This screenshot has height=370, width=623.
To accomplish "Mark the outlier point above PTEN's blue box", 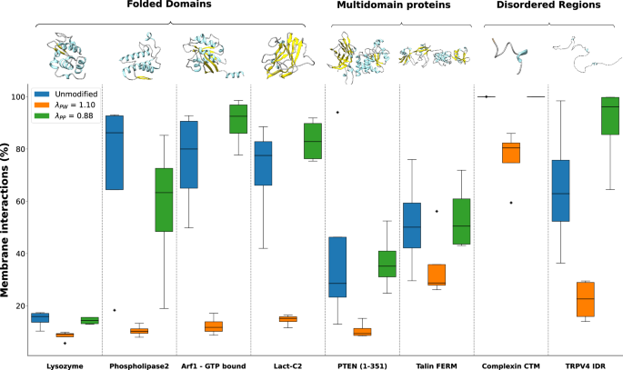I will (x=337, y=113).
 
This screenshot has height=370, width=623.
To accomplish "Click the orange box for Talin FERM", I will (x=437, y=275).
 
